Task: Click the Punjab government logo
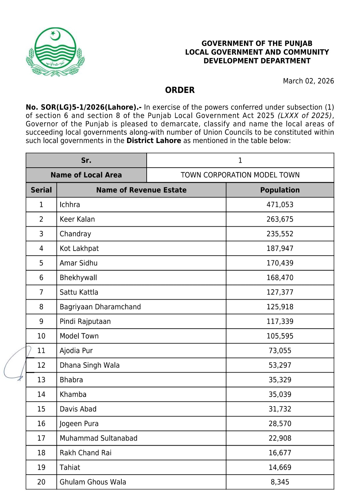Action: [55, 52]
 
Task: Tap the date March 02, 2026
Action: [308, 81]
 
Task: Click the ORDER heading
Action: [180, 90]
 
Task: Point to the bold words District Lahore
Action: [154, 141]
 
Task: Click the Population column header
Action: [280, 190]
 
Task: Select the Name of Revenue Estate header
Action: [141, 190]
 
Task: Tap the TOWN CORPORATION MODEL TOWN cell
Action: [240, 175]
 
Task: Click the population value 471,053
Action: [280, 205]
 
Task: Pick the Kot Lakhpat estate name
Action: [79, 248]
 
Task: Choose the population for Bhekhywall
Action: [280, 278]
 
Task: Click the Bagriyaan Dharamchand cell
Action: [100, 307]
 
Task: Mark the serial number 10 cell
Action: [41, 336]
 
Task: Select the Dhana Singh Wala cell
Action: [90, 365]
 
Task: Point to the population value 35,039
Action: [280, 394]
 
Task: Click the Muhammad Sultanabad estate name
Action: [99, 438]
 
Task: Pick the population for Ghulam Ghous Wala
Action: [280, 482]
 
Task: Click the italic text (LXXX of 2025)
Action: [305, 116]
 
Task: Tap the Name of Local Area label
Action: [86, 175]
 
